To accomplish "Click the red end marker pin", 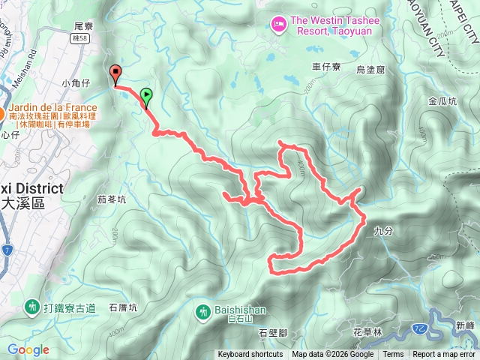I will (x=115, y=74).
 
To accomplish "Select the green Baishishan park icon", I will (x=203, y=310).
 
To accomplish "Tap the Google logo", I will (x=28, y=349).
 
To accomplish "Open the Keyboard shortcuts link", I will (x=250, y=355).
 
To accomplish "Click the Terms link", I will (x=393, y=355).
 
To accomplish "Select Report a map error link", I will (x=444, y=355).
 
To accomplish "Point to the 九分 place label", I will (x=382, y=232).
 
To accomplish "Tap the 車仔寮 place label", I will (x=327, y=67).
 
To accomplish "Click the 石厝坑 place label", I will (x=124, y=307).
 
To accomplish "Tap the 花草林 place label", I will (x=367, y=331).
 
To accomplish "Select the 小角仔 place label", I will (x=76, y=83).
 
